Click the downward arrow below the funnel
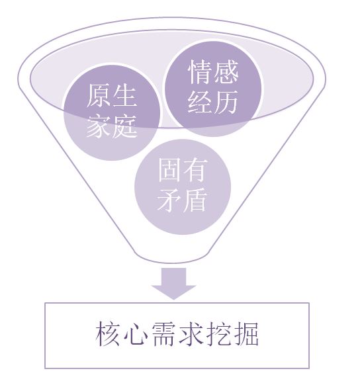173,283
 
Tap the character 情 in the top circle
201,72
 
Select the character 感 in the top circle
226,72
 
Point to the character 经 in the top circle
201,102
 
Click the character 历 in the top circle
226,102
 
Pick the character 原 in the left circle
99,96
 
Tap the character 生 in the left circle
124,96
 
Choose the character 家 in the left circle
99,126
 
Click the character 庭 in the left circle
124,126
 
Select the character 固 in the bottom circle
170,171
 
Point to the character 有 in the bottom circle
195,171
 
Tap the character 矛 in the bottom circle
170,200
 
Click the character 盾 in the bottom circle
195,200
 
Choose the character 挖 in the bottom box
218,333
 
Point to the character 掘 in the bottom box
246,333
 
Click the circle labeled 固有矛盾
183,187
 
